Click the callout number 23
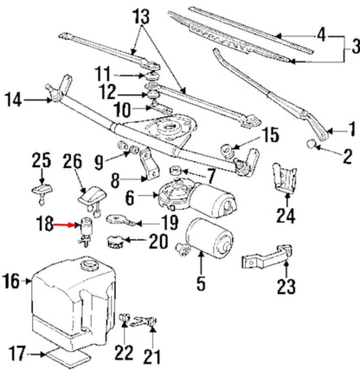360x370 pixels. click(286, 283)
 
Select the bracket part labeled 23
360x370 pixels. click(267, 258)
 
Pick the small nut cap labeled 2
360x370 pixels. click(312, 143)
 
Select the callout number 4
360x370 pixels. click(322, 36)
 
